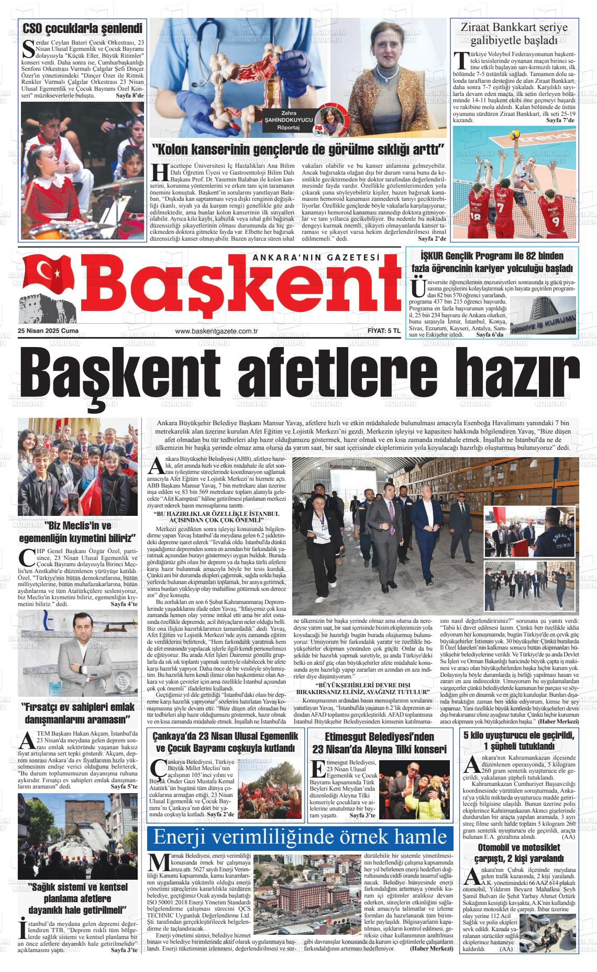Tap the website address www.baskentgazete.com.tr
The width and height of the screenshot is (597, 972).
[x=217, y=331]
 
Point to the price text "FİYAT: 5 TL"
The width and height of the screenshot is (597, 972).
[x=384, y=331]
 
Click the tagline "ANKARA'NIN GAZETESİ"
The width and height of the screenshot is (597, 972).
[x=315, y=257]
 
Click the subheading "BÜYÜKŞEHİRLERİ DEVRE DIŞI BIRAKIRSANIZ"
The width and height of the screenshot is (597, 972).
[x=362, y=688]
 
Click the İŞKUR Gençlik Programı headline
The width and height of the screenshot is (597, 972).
[x=492, y=262]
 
